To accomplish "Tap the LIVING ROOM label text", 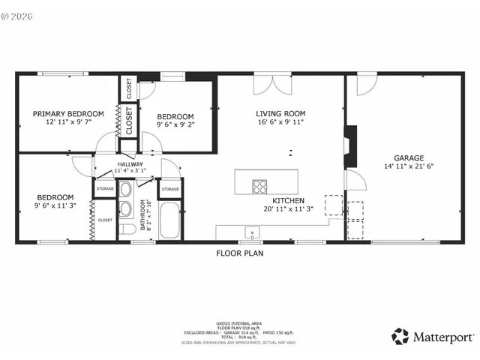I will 280,114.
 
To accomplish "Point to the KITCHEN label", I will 287,201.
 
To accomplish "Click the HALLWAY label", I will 130,164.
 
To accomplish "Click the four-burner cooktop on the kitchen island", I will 260,187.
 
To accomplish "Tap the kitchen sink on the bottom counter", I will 253,232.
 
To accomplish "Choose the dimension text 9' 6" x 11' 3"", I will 55,205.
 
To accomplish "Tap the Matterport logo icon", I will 400,336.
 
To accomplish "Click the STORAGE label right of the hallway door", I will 170,189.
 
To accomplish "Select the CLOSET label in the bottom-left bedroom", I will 104,220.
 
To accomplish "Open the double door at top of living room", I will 271,84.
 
